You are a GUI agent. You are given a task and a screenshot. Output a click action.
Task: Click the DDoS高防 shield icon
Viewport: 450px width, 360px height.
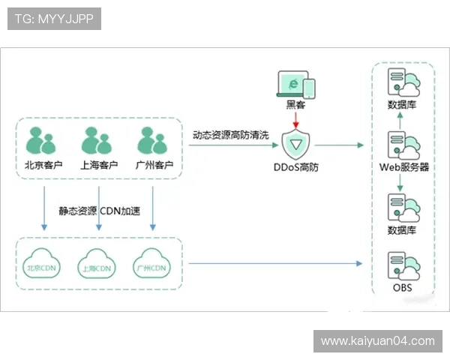click(x=297, y=144)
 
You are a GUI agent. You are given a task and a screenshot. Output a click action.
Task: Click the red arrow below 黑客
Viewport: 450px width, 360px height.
click(x=297, y=118)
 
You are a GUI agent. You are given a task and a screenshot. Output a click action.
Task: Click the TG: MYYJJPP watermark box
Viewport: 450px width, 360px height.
click(x=54, y=19)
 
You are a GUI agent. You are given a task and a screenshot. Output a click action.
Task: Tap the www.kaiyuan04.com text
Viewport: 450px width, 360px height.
click(x=377, y=341)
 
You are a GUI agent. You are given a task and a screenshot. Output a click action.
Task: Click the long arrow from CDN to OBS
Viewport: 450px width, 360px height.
click(x=274, y=263)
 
